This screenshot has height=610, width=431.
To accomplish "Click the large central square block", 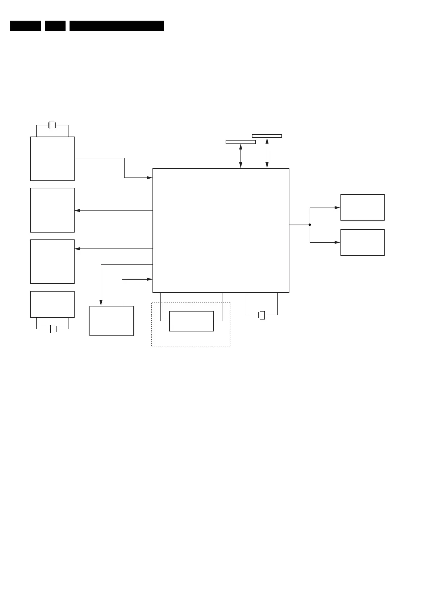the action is (x=221, y=230).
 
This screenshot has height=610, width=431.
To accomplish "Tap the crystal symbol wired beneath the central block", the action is (x=262, y=315).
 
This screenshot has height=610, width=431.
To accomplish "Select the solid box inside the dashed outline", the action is (x=191, y=321).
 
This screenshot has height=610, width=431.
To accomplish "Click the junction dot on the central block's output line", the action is (x=310, y=225).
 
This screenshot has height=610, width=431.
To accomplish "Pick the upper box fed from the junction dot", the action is (x=362, y=207).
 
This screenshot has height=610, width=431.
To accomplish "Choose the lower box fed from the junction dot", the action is (x=362, y=242).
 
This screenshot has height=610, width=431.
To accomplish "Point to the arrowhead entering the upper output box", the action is (x=337, y=208).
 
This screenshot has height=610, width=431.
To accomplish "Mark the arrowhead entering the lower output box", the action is (x=337, y=242).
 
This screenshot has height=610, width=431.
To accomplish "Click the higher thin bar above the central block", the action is (x=267, y=136).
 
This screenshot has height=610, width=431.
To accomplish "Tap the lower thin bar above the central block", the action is (x=240, y=142).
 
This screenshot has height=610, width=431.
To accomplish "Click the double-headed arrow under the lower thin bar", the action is (x=240, y=156).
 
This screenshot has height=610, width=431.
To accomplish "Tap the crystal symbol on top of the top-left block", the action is (x=52, y=125).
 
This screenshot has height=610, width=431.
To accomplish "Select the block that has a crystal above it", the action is (x=53, y=158).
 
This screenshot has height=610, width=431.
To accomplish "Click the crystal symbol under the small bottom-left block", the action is (x=53, y=329).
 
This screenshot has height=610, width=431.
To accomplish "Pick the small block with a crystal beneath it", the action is (x=53, y=304).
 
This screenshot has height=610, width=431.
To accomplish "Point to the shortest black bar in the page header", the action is (x=55, y=26).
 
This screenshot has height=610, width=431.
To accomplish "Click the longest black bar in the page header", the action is (x=117, y=26).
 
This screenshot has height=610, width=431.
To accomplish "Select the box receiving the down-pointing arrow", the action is (x=112, y=321).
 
